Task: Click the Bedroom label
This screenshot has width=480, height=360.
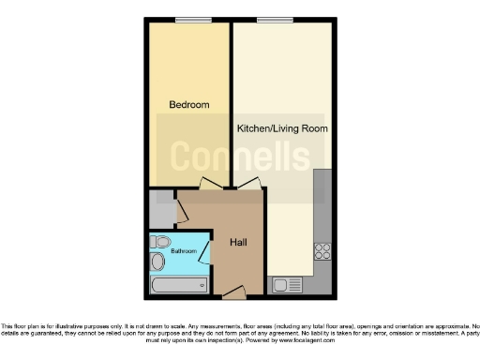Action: [188, 104]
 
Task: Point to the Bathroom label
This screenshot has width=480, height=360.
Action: [184, 251]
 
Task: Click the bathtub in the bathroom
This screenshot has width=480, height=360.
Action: [180, 285]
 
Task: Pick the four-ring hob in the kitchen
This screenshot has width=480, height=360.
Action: [322, 250]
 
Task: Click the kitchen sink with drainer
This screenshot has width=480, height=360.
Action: [285, 285]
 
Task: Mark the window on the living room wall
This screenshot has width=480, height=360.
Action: [274, 19]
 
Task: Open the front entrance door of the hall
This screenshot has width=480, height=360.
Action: [235, 292]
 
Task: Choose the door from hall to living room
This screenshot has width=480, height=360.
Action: [248, 185]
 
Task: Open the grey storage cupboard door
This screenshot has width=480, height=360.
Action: [182, 210]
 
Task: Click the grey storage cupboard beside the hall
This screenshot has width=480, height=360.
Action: [161, 210]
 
